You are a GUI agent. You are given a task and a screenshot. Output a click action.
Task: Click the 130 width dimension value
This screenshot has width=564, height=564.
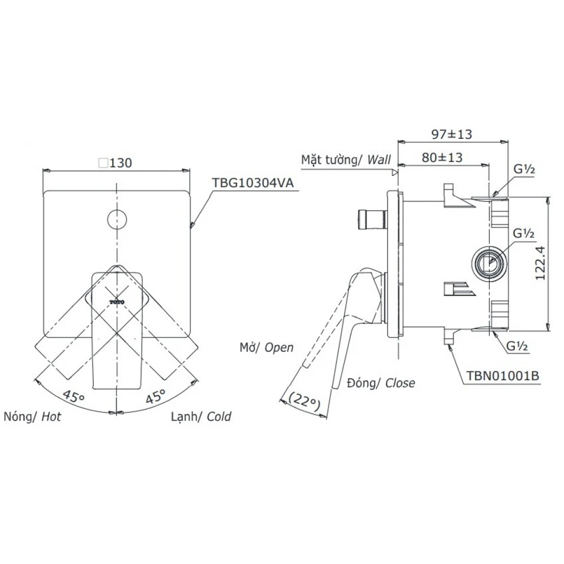pos(121,163)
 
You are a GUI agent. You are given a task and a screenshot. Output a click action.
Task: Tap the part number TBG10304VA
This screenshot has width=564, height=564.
pos(253,183)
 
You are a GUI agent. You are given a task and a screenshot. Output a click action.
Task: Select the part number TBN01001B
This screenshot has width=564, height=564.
pos(503,376)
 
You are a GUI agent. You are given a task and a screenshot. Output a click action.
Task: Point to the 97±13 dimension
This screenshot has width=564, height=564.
pos(451,134)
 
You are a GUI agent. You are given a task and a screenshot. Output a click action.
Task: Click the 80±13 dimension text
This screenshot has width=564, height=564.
pos(442,157)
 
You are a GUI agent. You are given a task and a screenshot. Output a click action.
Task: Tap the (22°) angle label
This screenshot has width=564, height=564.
pos(305,400)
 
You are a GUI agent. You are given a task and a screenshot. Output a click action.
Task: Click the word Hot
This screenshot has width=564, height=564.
pos(51,417)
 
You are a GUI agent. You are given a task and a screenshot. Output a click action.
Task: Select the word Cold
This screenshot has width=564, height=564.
pos(219,417)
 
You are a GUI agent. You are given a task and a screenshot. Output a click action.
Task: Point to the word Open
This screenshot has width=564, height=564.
pos(279,347)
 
